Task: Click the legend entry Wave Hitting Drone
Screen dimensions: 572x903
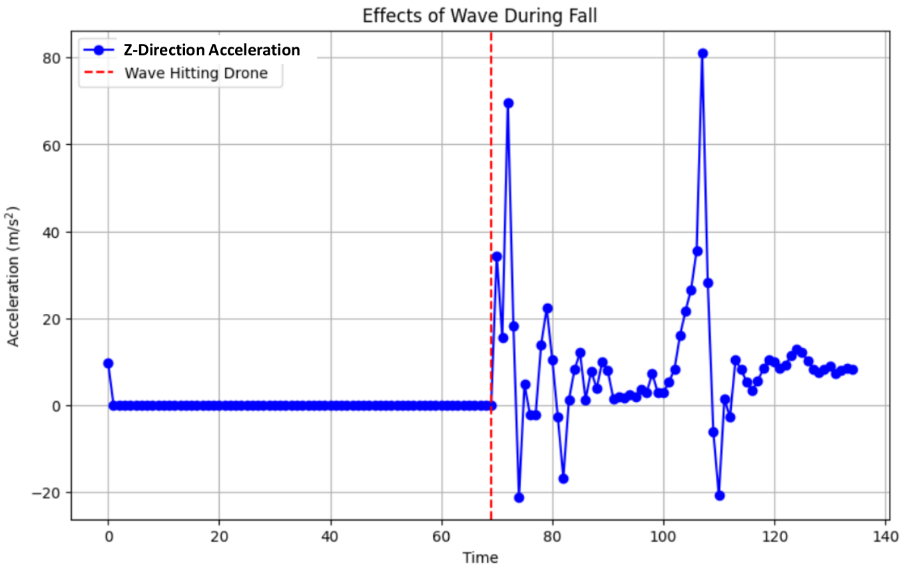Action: pos(196,73)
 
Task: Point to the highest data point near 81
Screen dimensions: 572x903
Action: pos(703,53)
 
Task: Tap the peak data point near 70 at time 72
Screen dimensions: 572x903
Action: pos(508,103)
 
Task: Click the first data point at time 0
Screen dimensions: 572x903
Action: pos(108,363)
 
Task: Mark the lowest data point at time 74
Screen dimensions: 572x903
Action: pos(519,497)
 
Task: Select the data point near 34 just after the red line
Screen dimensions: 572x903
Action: pos(497,257)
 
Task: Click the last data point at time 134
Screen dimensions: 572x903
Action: pos(852,369)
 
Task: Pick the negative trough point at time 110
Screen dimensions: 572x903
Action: pos(719,495)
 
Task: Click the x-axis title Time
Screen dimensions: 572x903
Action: pos(480,557)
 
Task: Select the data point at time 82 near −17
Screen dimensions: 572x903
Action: pos(563,479)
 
